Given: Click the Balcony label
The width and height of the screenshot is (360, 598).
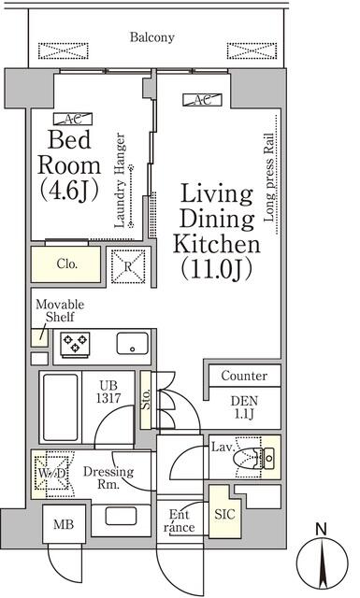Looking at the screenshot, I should pyautogui.click(x=152, y=38).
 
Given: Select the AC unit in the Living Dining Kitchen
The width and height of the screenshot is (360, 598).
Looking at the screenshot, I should pyautogui.click(x=200, y=101).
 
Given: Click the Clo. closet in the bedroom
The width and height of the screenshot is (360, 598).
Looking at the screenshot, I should pyautogui.click(x=66, y=264).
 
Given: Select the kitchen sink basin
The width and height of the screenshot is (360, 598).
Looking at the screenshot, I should pyautogui.click(x=130, y=344).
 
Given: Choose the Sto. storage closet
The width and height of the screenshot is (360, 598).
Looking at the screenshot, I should pyautogui.click(x=146, y=401).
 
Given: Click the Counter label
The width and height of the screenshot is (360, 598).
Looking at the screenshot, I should pyautogui.click(x=244, y=377).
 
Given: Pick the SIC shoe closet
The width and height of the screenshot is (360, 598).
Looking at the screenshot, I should pyautogui.click(x=225, y=515).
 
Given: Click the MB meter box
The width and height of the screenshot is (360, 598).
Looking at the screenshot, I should pyautogui.click(x=64, y=526).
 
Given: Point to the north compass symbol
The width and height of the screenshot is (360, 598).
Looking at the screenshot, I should pyautogui.click(x=322, y=561).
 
